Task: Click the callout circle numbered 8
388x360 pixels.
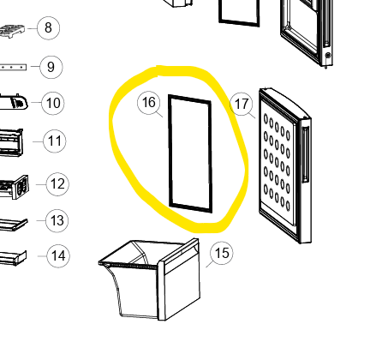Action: click(48, 28)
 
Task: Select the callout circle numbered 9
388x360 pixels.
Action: click(51, 67)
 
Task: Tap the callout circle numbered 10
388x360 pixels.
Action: click(53, 103)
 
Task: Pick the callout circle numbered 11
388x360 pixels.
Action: click(55, 141)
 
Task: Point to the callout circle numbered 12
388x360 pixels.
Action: click(57, 184)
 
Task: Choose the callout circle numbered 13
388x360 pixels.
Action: click(57, 220)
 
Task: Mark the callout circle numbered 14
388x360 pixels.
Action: click(58, 255)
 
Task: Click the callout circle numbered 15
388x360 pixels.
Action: click(222, 253)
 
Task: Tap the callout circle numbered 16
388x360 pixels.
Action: click(148, 103)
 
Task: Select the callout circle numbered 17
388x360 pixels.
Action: click(242, 104)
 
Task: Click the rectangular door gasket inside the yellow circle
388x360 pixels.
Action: click(170, 152)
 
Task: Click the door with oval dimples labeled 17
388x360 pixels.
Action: click(285, 165)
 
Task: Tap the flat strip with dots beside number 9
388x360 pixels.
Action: click(13, 67)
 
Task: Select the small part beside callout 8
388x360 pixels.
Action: click(12, 31)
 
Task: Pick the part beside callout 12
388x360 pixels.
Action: click(15, 187)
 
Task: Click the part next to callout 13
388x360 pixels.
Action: click(14, 224)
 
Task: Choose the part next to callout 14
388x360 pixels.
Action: click(13, 258)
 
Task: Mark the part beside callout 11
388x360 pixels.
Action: click(11, 142)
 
